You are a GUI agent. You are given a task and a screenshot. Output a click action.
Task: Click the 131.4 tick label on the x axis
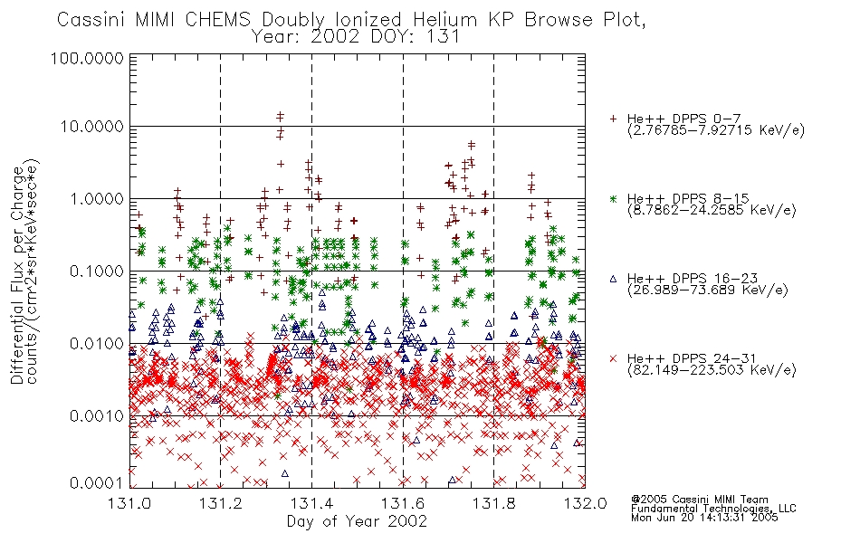click(x=312, y=502)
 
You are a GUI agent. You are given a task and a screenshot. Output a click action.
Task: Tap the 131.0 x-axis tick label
click(x=129, y=502)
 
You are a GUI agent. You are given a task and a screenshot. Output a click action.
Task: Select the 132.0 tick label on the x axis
click(x=585, y=502)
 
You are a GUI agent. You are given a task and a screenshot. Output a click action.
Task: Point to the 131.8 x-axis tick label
click(x=494, y=502)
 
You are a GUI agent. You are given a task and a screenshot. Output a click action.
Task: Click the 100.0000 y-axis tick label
click(x=87, y=58)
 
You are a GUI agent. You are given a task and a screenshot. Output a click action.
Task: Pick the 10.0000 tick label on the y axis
click(x=91, y=127)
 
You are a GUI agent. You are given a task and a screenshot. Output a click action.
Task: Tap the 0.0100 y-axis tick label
click(x=97, y=344)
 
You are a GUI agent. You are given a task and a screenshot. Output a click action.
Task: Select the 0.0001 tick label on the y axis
click(x=97, y=483)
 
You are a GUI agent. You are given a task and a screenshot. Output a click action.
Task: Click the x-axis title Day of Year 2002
click(x=357, y=521)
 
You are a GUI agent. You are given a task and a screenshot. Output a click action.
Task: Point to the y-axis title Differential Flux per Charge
click(x=17, y=275)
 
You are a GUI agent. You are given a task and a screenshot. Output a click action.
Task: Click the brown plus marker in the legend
click(x=613, y=119)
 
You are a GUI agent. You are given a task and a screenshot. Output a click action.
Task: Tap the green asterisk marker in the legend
click(x=613, y=198)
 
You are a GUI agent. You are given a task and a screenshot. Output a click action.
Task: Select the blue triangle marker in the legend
click(x=613, y=279)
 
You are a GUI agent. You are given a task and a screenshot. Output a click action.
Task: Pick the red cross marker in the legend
click(x=613, y=358)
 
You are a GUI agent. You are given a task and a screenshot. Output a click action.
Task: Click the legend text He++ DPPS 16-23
click(x=693, y=279)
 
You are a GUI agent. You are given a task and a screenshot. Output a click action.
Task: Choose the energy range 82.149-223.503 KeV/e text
click(x=712, y=370)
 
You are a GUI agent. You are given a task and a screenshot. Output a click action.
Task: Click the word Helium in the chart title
click(x=445, y=20)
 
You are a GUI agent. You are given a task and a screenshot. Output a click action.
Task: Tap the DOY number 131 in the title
click(x=444, y=37)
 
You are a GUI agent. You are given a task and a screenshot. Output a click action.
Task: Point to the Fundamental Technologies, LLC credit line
click(x=713, y=509)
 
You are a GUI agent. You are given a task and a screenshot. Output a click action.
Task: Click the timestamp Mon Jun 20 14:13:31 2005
click(x=704, y=518)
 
